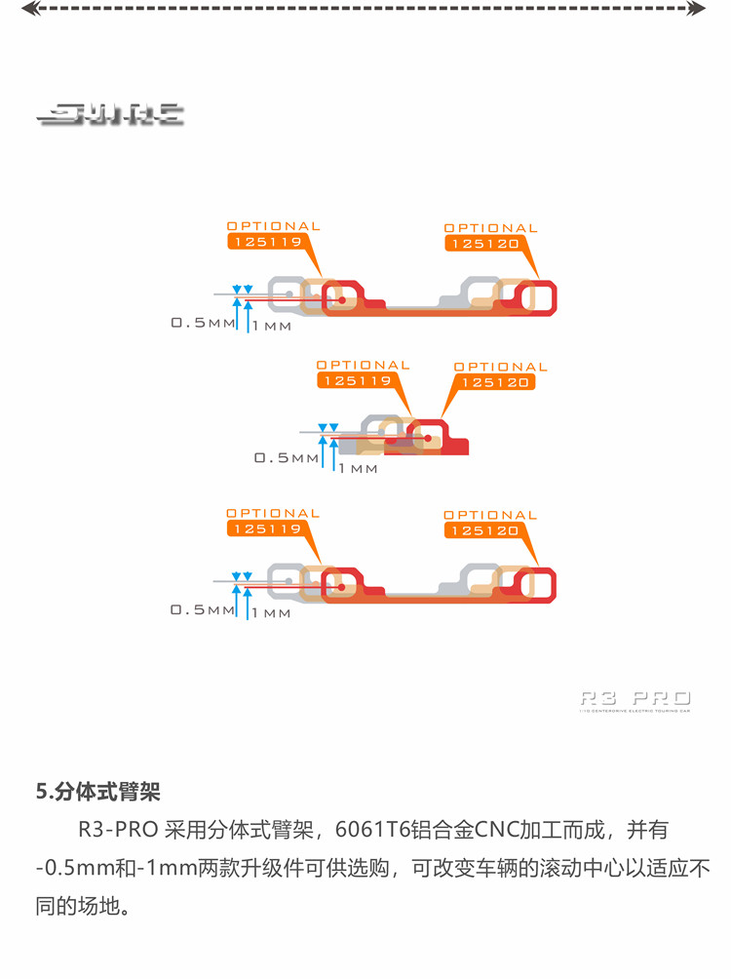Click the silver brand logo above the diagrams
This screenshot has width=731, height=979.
point(110,115)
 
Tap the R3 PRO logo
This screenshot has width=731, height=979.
point(635,698)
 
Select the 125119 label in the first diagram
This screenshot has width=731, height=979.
point(265,242)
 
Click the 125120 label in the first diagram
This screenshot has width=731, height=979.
point(484,244)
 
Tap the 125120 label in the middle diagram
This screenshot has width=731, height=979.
point(494,382)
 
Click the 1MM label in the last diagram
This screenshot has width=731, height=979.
point(272,613)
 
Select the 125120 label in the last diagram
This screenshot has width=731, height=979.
point(483,530)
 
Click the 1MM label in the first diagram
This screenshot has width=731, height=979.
point(272,327)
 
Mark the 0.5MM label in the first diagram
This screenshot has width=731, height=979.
point(203,323)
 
